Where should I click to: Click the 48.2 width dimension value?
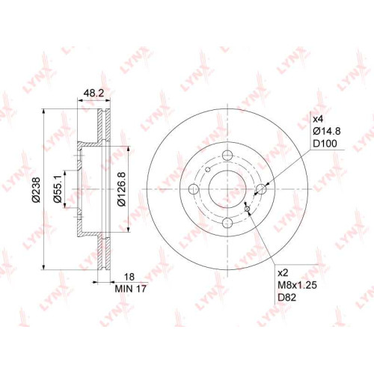pos(93,93)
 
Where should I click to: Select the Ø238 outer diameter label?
pos(36,189)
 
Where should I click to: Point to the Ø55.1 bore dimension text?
pos(58,189)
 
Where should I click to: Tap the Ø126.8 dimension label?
pos(122,189)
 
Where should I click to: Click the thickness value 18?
pos(129,277)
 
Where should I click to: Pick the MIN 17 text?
pos(130,289)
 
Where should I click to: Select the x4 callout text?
pos(318,119)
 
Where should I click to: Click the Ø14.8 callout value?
pos(326,131)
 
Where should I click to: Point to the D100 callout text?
pos(325,144)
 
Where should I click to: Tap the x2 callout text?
pos(283,273)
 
